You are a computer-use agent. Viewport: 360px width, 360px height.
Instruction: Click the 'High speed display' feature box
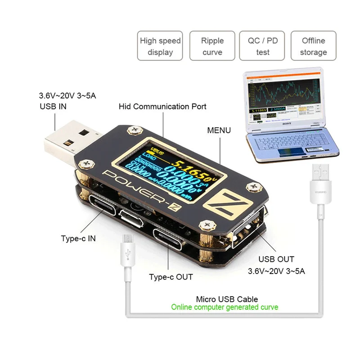tap(160, 46)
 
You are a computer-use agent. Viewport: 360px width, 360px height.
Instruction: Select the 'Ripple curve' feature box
tap(212, 46)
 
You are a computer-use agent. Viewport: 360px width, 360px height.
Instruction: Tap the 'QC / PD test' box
tap(263, 46)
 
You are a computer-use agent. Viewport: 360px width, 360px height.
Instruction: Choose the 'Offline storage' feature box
tap(313, 46)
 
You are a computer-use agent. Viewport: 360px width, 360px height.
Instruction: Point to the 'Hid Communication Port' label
tap(162, 107)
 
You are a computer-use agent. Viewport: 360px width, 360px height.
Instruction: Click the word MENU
tap(219, 130)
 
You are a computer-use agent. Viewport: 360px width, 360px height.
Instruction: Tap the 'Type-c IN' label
tap(78, 238)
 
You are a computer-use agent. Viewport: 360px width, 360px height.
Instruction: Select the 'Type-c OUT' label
tap(171, 277)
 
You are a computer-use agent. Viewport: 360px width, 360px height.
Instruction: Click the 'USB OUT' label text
tap(276, 260)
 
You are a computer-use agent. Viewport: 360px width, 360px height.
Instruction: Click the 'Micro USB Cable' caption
tap(227, 299)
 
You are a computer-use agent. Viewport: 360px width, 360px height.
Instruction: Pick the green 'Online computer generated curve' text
tap(225, 307)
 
